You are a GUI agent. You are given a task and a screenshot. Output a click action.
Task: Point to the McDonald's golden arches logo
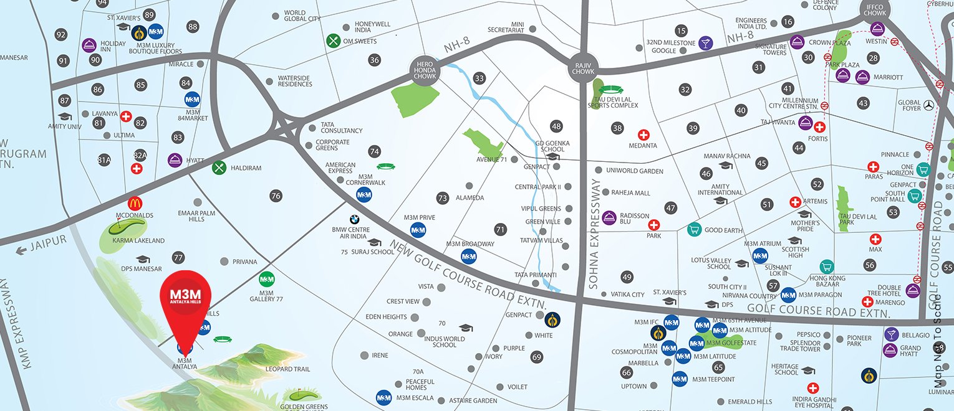coord(135,204)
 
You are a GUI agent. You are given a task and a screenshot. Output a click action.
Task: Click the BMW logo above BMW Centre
coord(354,219)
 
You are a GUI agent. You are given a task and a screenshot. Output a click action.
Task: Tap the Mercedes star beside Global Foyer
coord(930,105)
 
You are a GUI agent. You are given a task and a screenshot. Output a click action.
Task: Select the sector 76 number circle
coord(276,196)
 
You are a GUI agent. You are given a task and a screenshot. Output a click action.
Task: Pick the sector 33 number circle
coord(479,78)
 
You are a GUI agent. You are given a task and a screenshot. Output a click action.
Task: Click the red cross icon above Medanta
coord(643,135)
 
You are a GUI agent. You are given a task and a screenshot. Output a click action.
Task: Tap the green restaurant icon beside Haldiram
coord(219,168)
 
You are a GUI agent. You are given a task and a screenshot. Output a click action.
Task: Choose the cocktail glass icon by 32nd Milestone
coord(705,43)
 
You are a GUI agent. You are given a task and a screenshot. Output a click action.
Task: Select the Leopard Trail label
coord(287,369)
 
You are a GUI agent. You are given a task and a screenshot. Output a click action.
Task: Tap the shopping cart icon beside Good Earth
coord(693,230)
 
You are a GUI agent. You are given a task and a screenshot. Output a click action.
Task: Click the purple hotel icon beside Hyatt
coord(175,160)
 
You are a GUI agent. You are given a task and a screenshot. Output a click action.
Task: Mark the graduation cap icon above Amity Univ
coord(65,116)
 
